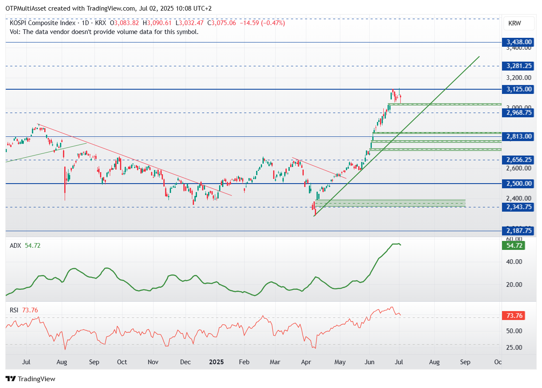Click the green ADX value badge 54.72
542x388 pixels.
point(513,246)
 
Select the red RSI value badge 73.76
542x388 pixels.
point(513,316)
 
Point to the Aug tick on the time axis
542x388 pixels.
point(62,363)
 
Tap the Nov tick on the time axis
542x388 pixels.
point(153,363)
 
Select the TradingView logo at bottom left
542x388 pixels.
point(30,379)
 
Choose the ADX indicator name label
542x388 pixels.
point(16,246)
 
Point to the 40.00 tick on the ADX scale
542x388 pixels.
point(516,262)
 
